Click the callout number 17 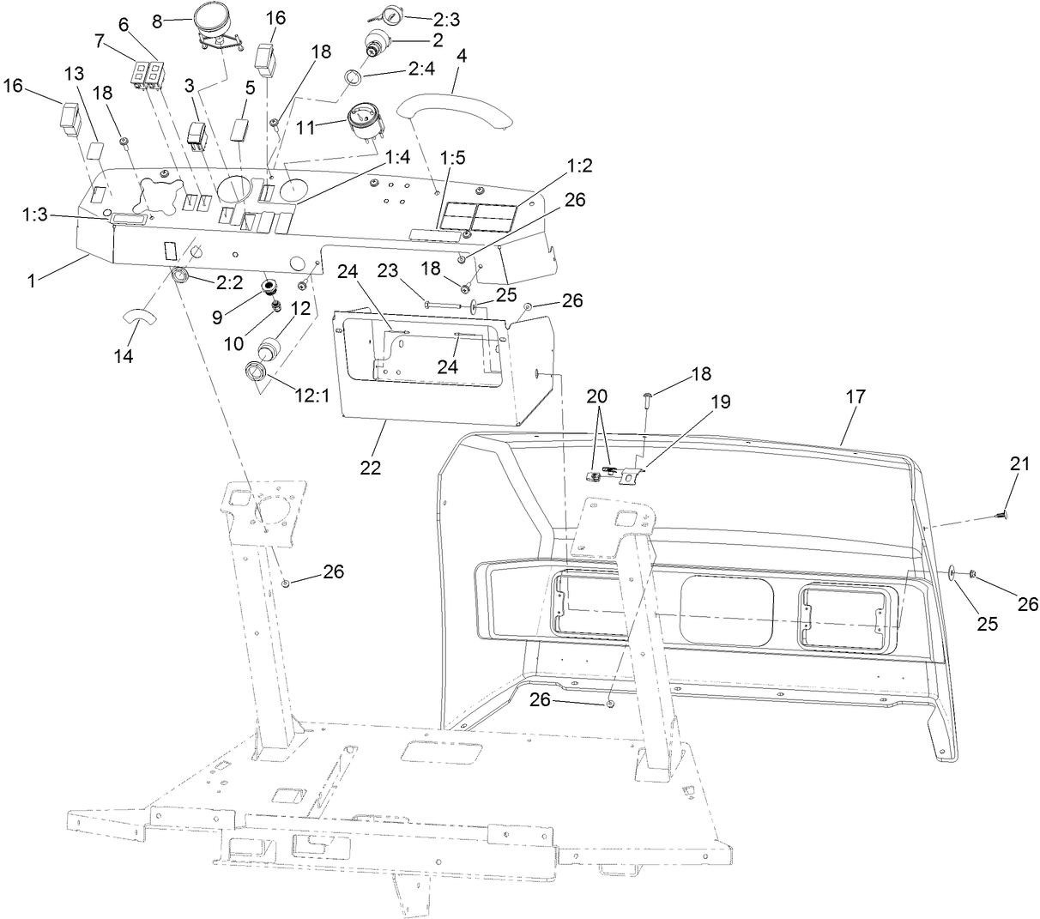[856, 396]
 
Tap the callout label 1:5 [453, 160]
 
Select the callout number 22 [372, 469]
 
